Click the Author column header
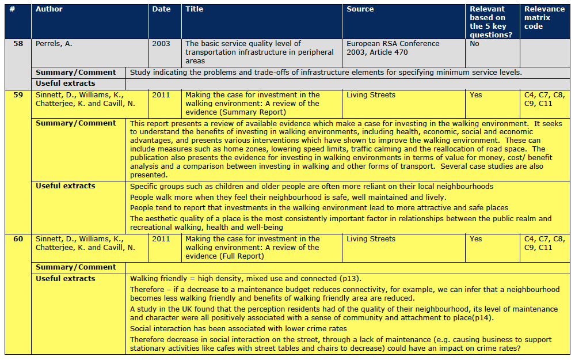click(x=49, y=9)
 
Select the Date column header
click(x=161, y=9)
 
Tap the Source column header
click(x=360, y=9)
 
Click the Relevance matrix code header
click(x=544, y=17)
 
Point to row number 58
click(x=18, y=44)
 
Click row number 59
click(x=18, y=95)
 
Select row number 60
click(x=18, y=239)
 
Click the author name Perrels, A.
click(x=54, y=44)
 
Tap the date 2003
click(x=161, y=44)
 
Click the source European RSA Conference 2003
click(x=393, y=48)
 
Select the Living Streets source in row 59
click(x=371, y=95)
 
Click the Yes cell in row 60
click(x=476, y=239)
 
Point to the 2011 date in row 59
click(x=161, y=95)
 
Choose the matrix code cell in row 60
click(x=544, y=243)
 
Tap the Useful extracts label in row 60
click(x=66, y=279)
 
